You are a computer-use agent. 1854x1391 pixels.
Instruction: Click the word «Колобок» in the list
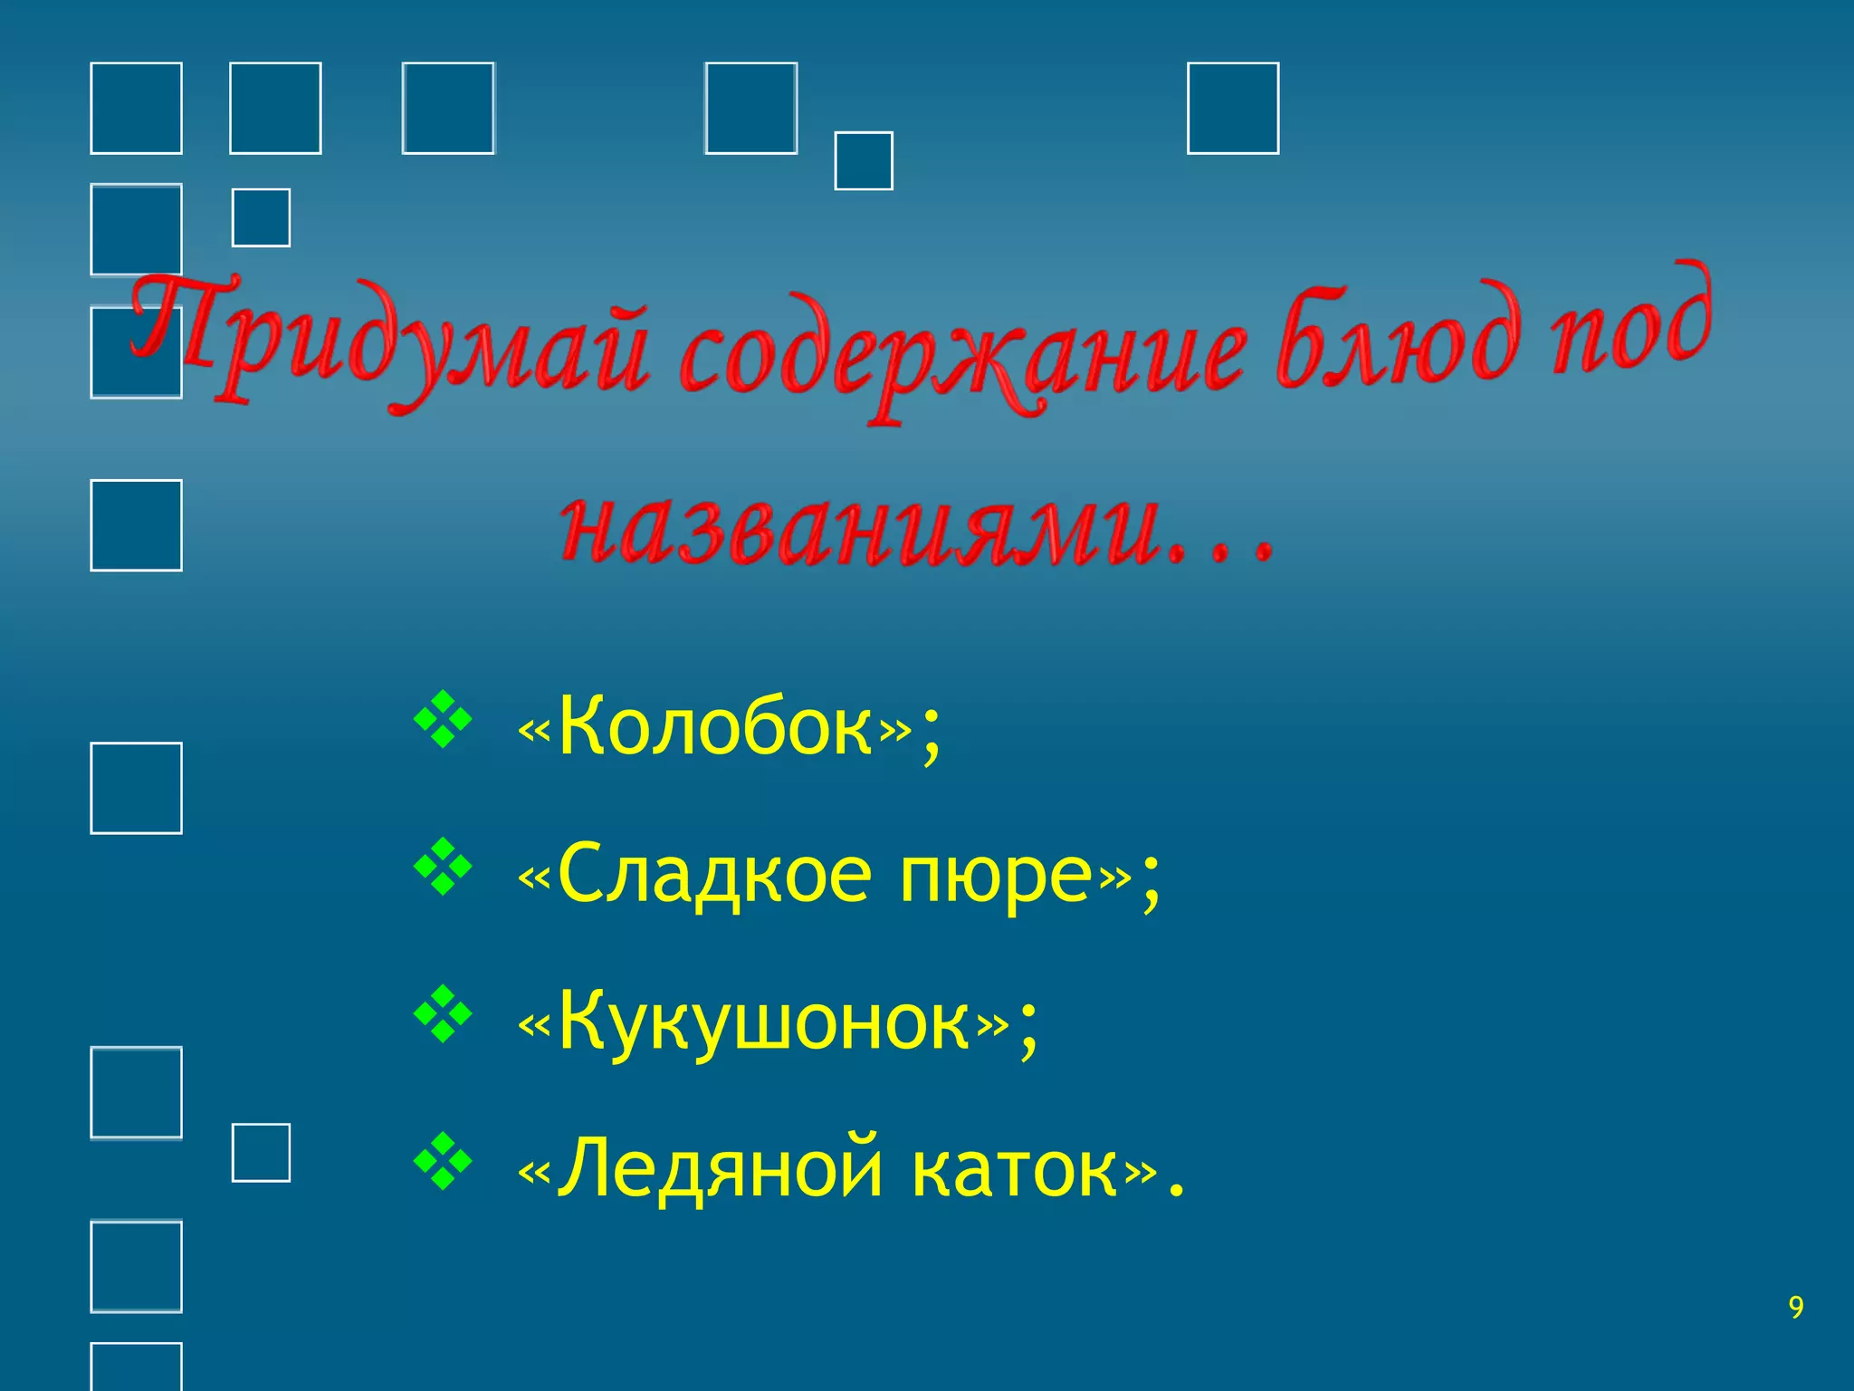715,727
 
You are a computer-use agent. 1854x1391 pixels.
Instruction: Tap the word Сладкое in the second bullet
715,876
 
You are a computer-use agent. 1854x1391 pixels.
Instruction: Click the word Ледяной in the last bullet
720,1169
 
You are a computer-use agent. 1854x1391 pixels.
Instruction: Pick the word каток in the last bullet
1015,1169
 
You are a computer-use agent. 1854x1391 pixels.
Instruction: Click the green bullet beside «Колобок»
443,721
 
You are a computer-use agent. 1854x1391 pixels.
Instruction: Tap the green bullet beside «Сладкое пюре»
443,868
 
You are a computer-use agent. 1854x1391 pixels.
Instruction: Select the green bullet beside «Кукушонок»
443,1014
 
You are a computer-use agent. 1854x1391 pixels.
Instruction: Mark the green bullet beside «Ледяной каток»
443,1160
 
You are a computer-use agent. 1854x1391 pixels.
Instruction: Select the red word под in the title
1629,321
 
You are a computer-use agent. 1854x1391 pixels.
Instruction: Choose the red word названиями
860,530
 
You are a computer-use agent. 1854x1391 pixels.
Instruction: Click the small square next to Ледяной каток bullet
261,1153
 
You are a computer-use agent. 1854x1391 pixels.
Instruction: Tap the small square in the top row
863,161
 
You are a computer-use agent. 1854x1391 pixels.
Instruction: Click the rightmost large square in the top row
1232,109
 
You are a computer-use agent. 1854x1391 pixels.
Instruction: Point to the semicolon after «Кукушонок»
1027,1032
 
